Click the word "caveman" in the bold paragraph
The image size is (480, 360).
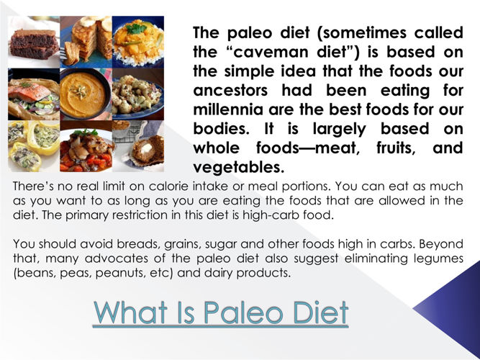[271, 52]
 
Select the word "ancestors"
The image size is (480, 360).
[230, 91]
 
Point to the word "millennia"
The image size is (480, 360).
[228, 109]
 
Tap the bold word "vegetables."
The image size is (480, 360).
[239, 167]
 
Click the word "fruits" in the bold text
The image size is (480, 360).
[396, 148]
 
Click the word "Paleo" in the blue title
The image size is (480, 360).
[243, 312]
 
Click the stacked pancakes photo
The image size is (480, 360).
[86, 42]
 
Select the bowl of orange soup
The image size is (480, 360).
[84, 94]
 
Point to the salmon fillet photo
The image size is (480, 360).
[34, 94]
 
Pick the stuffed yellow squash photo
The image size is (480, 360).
[34, 146]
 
